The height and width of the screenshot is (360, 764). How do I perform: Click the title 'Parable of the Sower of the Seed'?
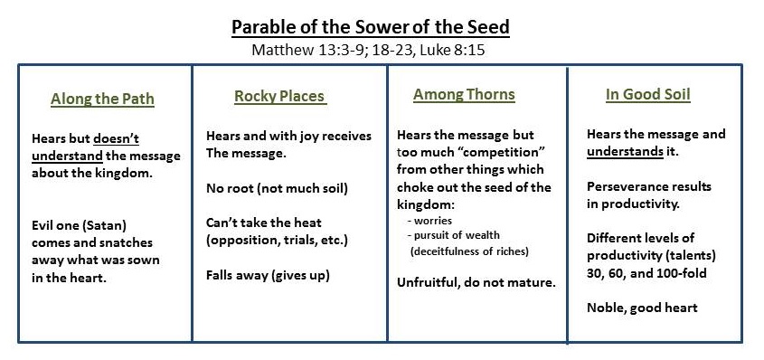[371, 27]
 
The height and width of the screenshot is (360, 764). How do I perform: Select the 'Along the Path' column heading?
[102, 99]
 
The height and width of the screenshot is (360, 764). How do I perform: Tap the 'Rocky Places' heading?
[279, 97]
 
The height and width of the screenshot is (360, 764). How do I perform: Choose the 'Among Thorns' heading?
[464, 94]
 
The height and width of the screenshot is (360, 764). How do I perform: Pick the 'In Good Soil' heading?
[648, 94]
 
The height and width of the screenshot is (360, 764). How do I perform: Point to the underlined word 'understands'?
[625, 151]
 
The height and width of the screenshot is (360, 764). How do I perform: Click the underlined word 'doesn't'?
[116, 138]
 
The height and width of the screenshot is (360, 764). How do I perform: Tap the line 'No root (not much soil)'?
[277, 188]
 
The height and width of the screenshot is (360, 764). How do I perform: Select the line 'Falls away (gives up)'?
[268, 276]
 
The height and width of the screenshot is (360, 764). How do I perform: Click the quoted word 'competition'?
[494, 153]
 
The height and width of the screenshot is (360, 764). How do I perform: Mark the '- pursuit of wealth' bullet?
[454, 236]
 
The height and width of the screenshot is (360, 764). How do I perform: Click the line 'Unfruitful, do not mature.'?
[476, 282]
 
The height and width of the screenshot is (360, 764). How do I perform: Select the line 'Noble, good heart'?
[642, 308]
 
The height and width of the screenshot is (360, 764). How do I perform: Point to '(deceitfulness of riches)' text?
[469, 251]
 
